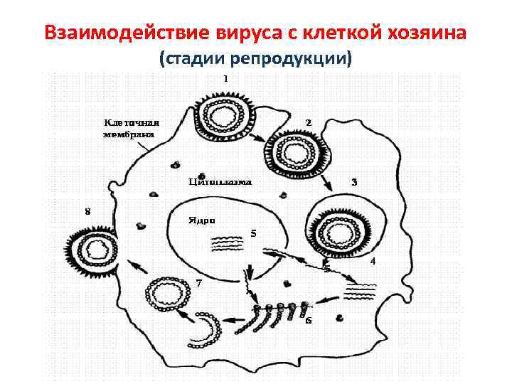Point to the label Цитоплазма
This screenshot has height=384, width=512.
coord(220,181)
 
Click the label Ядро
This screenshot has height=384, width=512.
coord(201,220)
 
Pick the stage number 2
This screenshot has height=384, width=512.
coord(308,122)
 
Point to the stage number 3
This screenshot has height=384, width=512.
coord(354,182)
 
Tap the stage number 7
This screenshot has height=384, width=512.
coord(199,282)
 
